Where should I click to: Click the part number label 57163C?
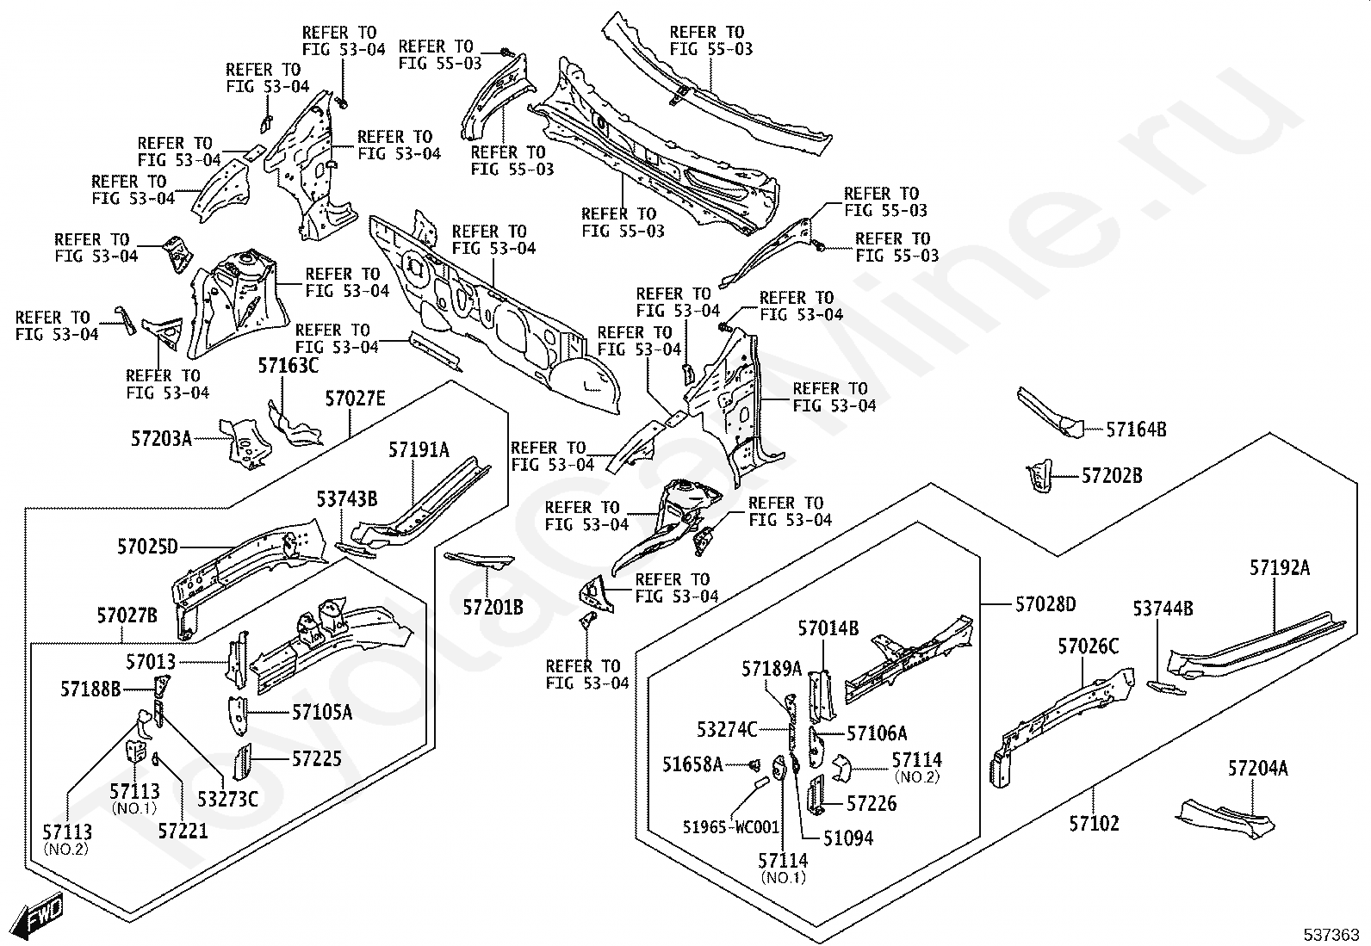point(288,366)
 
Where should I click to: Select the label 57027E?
point(355,399)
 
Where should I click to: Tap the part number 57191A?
point(419,450)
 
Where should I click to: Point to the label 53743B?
point(347,499)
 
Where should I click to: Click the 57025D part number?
point(147,547)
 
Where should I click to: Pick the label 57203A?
point(162,439)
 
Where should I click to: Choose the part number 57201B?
point(493,607)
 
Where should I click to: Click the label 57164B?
point(1137,430)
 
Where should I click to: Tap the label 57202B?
point(1112,476)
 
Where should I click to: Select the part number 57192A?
point(1280,568)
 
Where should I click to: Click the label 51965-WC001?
point(731,827)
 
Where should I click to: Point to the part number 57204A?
point(1258,769)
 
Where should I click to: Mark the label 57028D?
point(1045,604)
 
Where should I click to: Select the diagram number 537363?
point(1331,935)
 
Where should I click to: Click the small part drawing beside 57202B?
point(1039,476)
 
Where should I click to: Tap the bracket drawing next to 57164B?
point(1050,413)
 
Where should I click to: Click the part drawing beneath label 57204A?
point(1225,819)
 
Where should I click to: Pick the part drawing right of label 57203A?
point(246,444)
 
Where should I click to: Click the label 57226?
point(872,803)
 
